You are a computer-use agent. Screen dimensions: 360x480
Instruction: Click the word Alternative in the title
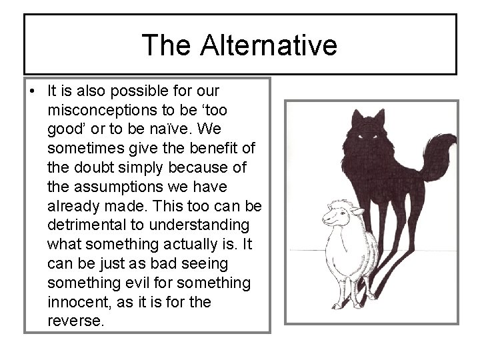[270, 45]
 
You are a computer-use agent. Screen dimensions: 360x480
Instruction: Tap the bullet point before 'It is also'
[33, 91]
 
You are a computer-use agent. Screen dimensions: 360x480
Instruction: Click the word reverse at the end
[75, 321]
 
